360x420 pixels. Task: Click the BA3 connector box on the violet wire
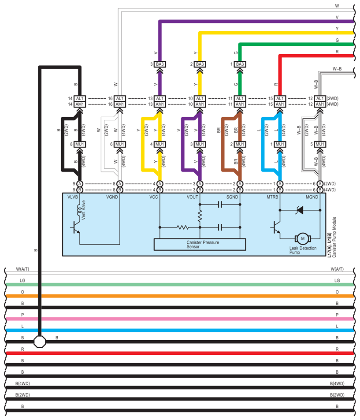[x=160, y=64]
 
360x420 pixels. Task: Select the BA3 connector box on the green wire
[x=240, y=64]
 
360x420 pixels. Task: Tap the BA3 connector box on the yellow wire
[x=200, y=64]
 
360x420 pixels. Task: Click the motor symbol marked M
[x=303, y=238]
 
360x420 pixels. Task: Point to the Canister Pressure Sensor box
[x=200, y=245]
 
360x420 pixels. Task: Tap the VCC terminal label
[x=153, y=197]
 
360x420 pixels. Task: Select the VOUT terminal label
[x=192, y=197]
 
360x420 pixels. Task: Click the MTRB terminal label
[x=272, y=197]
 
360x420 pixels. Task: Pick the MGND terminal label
[x=312, y=197]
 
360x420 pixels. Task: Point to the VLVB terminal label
[x=73, y=197]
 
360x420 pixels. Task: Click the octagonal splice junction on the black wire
[x=40, y=342]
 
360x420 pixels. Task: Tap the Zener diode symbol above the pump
[x=300, y=210]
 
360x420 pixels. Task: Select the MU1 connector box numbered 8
[x=80, y=145]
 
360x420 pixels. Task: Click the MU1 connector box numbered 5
[x=320, y=145]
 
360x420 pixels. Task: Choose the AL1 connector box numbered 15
[x=280, y=98]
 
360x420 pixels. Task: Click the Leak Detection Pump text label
[x=303, y=250]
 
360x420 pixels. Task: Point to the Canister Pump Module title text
[x=334, y=237]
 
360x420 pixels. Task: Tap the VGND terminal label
[x=112, y=197]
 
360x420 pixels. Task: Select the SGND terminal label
[x=232, y=197]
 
